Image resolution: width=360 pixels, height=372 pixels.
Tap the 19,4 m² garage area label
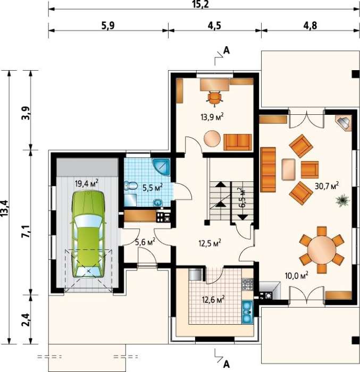[x=87, y=183]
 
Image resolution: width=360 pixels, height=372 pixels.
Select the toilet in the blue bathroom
[x=131, y=186]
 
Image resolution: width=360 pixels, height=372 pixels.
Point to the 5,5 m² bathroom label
[x=152, y=188]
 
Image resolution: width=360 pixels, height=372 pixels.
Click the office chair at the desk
[x=215, y=98]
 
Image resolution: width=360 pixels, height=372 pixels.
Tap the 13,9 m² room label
[x=212, y=117]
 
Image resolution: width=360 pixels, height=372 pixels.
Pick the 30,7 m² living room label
[x=326, y=186]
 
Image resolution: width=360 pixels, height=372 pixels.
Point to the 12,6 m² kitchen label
[x=213, y=300]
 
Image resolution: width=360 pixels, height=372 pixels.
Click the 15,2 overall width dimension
[x=200, y=4]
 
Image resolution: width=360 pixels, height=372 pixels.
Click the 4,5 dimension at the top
[x=214, y=26]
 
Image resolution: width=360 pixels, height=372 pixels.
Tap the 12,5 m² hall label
[x=210, y=243]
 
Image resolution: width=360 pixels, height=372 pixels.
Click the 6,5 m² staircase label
[x=242, y=198]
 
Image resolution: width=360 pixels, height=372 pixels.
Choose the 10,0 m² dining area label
[x=297, y=276]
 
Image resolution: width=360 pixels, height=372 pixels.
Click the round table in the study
[x=212, y=138]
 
